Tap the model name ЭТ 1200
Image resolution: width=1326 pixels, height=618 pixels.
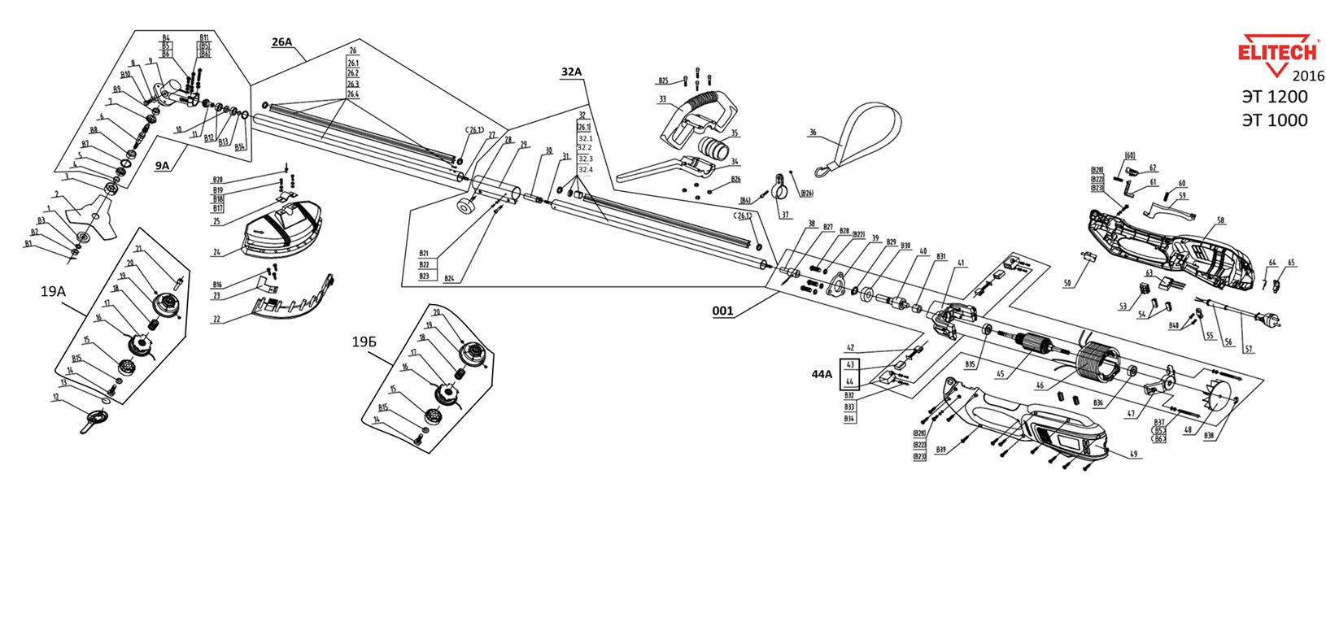(1274, 97)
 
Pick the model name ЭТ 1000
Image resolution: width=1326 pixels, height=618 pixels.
(1274, 120)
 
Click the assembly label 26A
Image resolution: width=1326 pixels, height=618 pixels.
(281, 41)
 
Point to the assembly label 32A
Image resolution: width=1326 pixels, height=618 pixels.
(572, 72)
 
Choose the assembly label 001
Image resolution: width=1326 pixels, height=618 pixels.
(722, 311)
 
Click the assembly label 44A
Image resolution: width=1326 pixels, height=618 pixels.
(822, 373)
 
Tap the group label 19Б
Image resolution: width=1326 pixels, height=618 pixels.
(364, 342)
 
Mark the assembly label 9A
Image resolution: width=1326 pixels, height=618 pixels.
(163, 166)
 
